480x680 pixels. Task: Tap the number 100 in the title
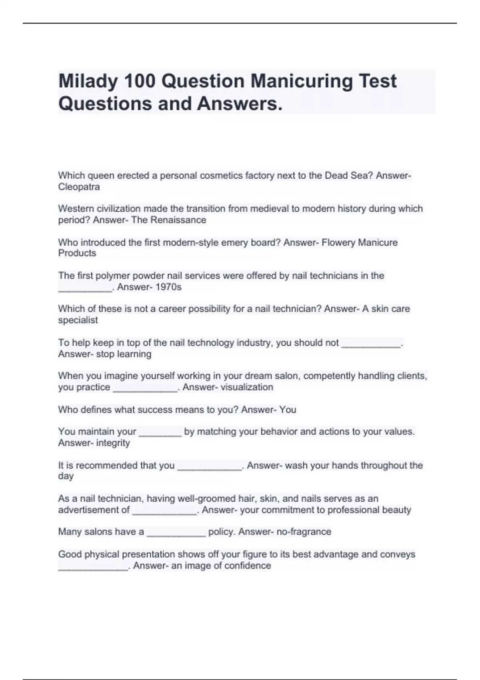tap(140, 82)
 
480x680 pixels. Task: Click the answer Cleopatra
tap(79, 187)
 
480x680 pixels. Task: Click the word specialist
tap(78, 320)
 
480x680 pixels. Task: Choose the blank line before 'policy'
tap(176, 534)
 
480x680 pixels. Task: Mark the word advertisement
tap(94, 510)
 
